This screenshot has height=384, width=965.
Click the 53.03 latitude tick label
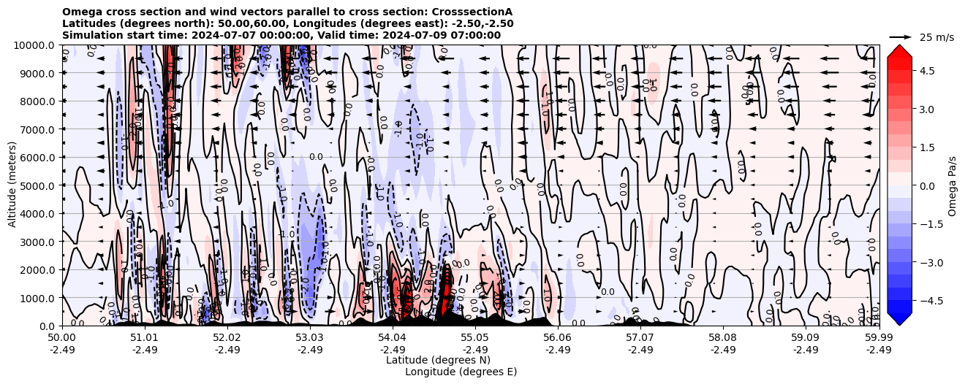[x=310, y=338]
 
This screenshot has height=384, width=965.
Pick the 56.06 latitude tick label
[x=558, y=338]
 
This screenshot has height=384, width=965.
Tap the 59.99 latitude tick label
[x=879, y=338]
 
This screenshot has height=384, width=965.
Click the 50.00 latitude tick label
[x=62, y=338]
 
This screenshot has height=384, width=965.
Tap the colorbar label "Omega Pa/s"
[x=952, y=185]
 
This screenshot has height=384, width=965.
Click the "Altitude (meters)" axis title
[x=12, y=185]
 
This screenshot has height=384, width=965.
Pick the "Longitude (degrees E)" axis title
[x=461, y=372]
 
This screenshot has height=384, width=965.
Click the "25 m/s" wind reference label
[x=936, y=37]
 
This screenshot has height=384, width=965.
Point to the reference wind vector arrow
[x=901, y=37]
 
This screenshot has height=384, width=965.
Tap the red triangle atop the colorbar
[x=899, y=50]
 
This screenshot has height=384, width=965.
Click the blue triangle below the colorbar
[x=899, y=319]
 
